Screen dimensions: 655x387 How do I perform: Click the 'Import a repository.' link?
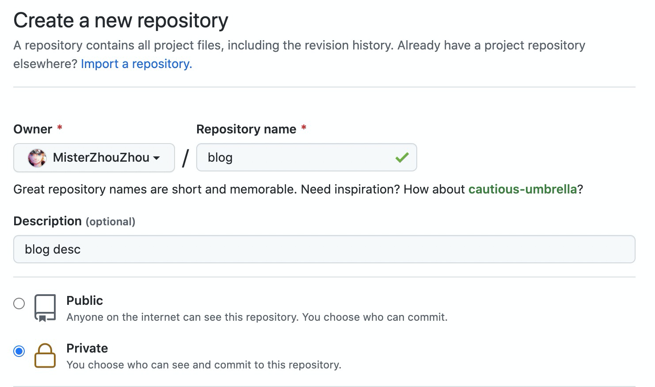[x=136, y=64]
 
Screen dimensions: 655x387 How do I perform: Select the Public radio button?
[x=19, y=304]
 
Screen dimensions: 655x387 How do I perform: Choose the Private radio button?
[x=19, y=351]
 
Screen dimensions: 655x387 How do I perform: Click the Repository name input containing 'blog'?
[x=306, y=157]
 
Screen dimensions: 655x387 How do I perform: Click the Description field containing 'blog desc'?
[x=324, y=249]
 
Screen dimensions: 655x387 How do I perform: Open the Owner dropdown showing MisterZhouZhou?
[x=94, y=158]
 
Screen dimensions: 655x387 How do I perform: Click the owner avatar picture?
[x=37, y=158]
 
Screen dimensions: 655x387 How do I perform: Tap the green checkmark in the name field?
[x=402, y=157]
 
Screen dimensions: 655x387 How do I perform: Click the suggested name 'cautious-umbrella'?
[x=522, y=189]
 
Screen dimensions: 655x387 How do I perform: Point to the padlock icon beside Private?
[x=45, y=356]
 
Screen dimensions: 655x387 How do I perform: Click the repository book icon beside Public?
[x=45, y=308]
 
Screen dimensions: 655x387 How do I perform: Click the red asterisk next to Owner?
[x=60, y=127]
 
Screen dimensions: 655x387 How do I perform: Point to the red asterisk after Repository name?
[x=304, y=127]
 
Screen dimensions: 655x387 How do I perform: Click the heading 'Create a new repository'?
[x=121, y=20]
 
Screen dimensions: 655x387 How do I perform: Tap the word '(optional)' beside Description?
[x=110, y=222]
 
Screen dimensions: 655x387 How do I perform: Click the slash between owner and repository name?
[x=185, y=158]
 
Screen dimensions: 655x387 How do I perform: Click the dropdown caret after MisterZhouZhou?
[x=156, y=158]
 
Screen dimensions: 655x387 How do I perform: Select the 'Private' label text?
[x=87, y=348]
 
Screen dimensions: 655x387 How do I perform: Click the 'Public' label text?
[x=84, y=300]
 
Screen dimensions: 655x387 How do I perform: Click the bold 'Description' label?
[x=47, y=221]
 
